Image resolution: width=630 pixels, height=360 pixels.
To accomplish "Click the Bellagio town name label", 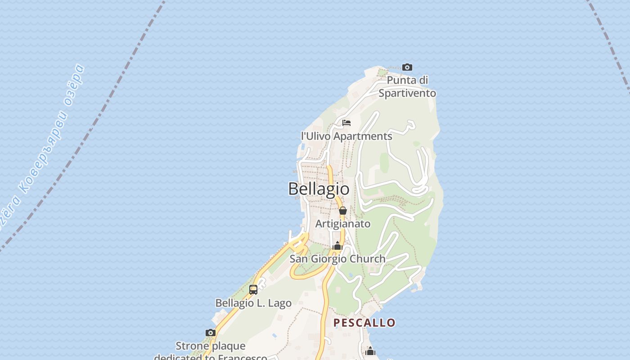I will (319, 189).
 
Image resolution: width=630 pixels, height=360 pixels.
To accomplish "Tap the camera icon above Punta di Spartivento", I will (407, 67).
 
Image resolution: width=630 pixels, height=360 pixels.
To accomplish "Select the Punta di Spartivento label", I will (407, 87).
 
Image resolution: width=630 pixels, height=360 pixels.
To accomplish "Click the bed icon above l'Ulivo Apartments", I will (346, 123).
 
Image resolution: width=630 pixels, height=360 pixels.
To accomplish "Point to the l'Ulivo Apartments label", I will (346, 136).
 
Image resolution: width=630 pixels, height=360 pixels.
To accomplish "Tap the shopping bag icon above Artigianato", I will (343, 211).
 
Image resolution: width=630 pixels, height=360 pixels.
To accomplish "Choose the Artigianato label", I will (343, 224).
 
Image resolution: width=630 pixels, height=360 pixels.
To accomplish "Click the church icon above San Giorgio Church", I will (337, 246).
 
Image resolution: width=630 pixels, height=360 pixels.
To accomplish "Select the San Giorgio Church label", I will (337, 259).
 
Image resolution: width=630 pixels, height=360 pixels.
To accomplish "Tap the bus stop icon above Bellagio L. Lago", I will (253, 290).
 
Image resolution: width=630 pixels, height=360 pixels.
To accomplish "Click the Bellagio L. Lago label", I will (253, 303).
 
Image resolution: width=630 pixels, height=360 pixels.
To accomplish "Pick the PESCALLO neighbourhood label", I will (364, 323).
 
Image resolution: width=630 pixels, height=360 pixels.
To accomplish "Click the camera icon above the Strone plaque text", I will (211, 333).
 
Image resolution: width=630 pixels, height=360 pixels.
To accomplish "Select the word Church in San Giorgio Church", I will (366, 259).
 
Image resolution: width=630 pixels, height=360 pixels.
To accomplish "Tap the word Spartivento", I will (407, 93).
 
